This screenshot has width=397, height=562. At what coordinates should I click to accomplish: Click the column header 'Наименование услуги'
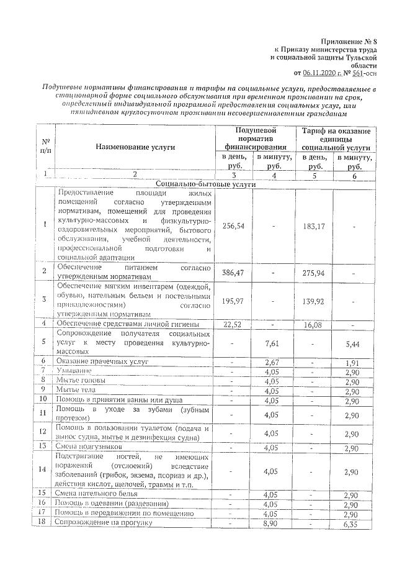pos(135,147)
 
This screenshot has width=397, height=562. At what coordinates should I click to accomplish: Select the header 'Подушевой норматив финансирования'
pos(255,139)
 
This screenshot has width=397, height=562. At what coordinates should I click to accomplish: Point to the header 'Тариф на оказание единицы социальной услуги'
pos(335,139)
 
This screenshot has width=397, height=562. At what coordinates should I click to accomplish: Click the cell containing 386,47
pos(233,272)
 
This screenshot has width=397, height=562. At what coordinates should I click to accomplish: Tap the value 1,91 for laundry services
pos(353,361)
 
